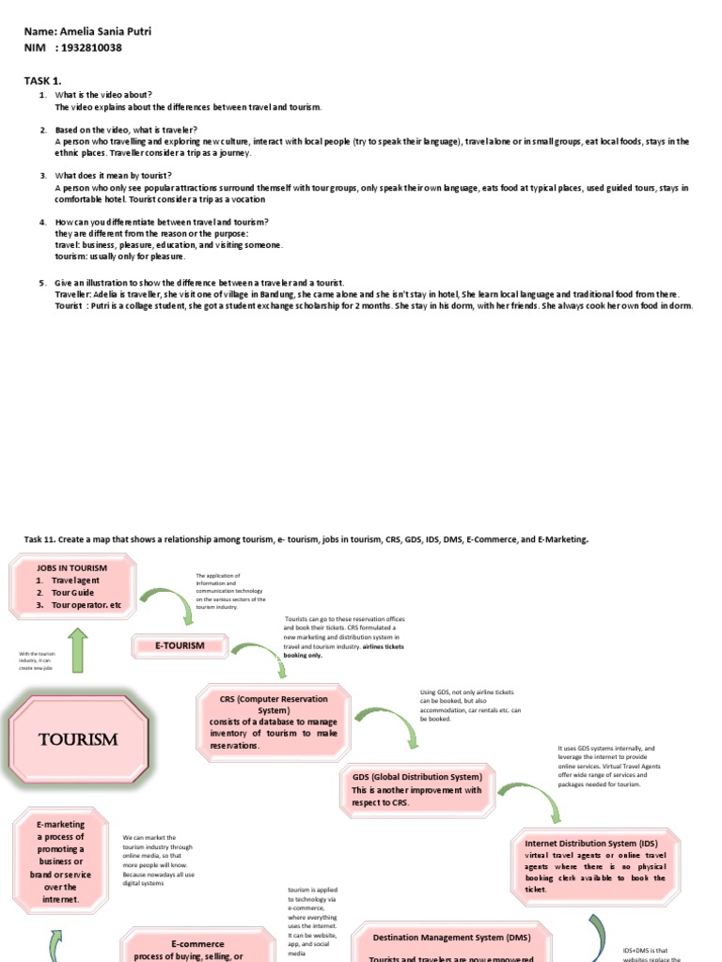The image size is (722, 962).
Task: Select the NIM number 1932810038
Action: (x=88, y=48)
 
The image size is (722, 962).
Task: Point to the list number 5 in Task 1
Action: (x=42, y=283)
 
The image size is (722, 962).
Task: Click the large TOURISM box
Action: (x=79, y=738)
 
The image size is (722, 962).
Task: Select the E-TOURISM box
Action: (x=179, y=645)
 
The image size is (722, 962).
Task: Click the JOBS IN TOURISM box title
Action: (x=71, y=567)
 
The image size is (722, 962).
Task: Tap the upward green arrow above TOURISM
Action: (x=77, y=651)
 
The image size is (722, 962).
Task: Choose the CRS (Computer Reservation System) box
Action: (x=274, y=721)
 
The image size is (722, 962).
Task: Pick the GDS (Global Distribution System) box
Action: (x=416, y=784)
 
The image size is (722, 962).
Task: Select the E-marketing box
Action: (x=60, y=861)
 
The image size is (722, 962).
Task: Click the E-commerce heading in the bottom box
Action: (x=197, y=943)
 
